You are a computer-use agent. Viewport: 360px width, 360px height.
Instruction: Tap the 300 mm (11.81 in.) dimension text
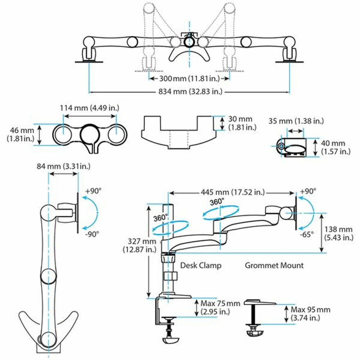click(x=190, y=78)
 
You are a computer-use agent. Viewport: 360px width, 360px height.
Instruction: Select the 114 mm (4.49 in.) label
click(x=90, y=108)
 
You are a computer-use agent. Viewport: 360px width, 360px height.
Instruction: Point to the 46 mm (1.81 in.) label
click(x=21, y=134)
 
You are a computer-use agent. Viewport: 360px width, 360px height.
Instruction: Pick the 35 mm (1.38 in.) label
click(x=296, y=121)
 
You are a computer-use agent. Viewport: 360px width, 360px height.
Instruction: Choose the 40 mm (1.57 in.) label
click(x=335, y=148)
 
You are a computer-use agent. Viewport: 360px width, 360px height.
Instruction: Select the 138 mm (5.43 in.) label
click(x=339, y=233)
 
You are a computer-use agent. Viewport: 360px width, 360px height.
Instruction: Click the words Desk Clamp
click(x=201, y=266)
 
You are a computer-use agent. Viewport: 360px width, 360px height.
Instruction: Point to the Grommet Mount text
click(x=274, y=266)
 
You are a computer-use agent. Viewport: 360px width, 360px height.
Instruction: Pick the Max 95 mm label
click(x=310, y=314)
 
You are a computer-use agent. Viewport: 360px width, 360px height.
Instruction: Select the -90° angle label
click(x=92, y=233)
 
